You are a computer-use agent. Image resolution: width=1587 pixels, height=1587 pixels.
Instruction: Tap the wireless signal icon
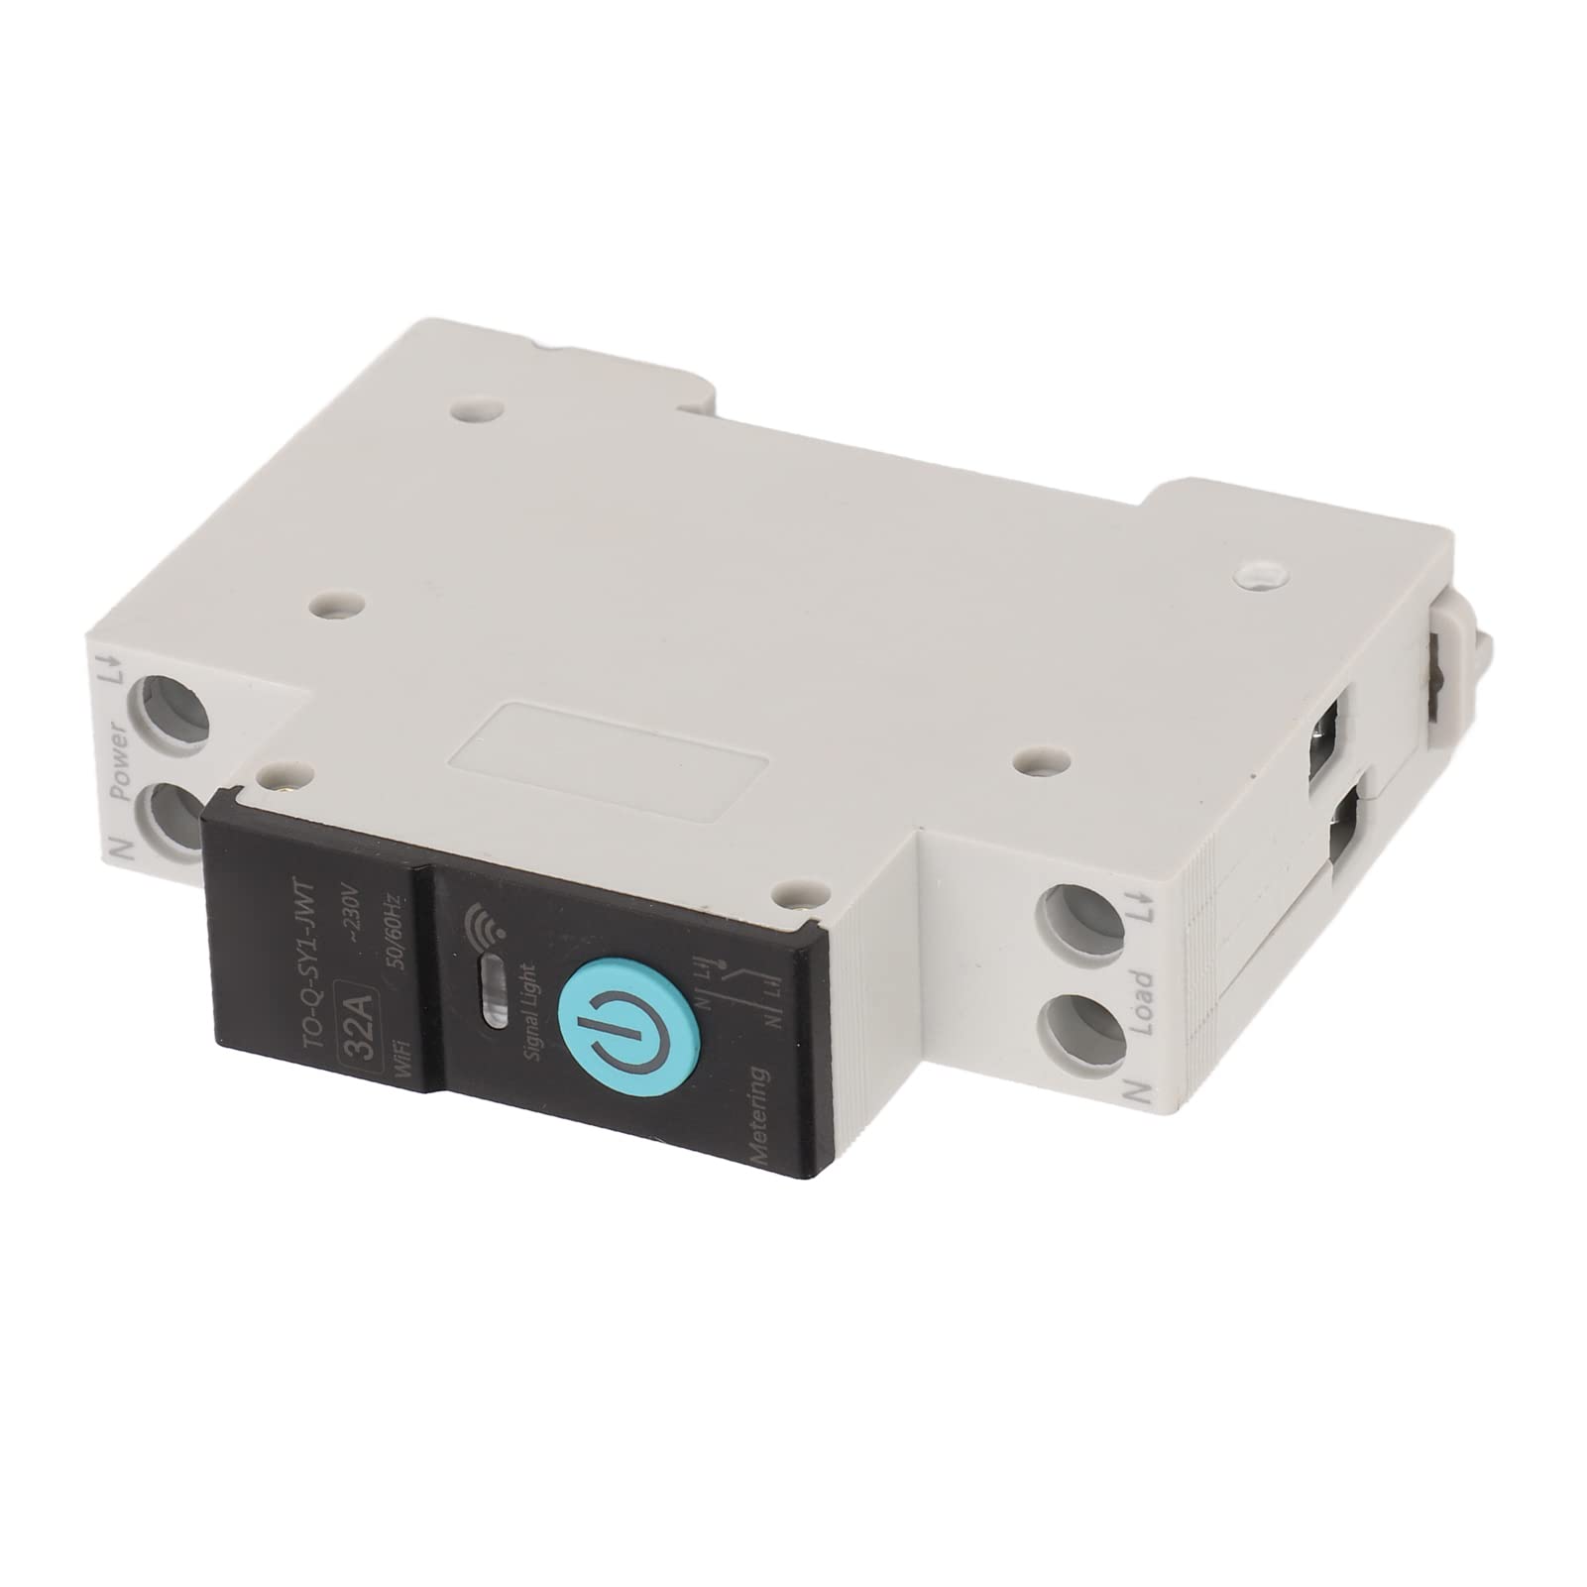click(x=483, y=927)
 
